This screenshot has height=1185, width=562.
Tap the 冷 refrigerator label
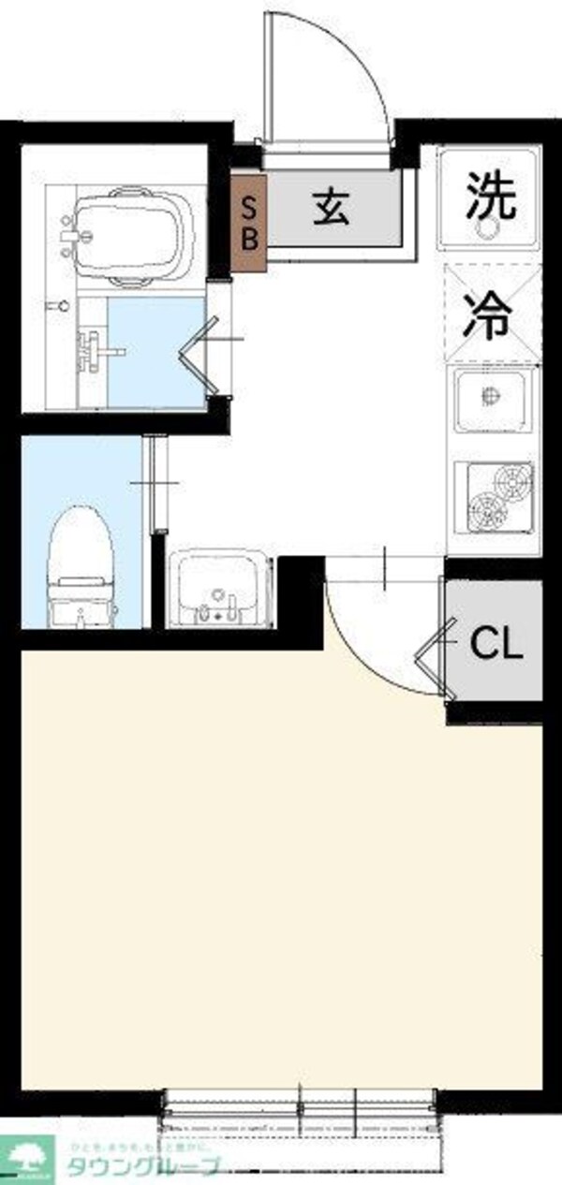click(492, 315)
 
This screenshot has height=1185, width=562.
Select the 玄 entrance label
click(332, 206)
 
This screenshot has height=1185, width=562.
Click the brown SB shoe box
click(249, 221)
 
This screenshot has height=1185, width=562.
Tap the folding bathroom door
click(201, 354)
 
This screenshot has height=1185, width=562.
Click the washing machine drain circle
click(489, 227)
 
